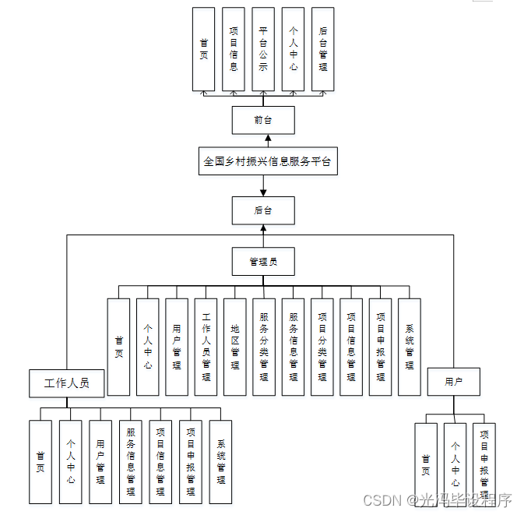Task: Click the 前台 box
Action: click(x=263, y=120)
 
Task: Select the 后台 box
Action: click(x=263, y=210)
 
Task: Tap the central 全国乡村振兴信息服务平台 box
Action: click(x=267, y=162)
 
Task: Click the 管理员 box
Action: click(x=263, y=261)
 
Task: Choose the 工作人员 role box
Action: click(x=67, y=383)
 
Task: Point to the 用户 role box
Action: click(x=453, y=382)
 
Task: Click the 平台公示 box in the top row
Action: click(x=263, y=48)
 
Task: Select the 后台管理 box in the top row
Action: click(x=322, y=48)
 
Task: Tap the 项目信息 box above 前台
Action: click(x=234, y=48)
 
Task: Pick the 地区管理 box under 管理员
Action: click(x=234, y=347)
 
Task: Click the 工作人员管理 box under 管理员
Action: click(x=206, y=347)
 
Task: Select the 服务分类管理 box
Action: click(x=264, y=347)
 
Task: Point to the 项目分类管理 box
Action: click(x=322, y=347)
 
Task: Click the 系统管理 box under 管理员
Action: click(x=410, y=347)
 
